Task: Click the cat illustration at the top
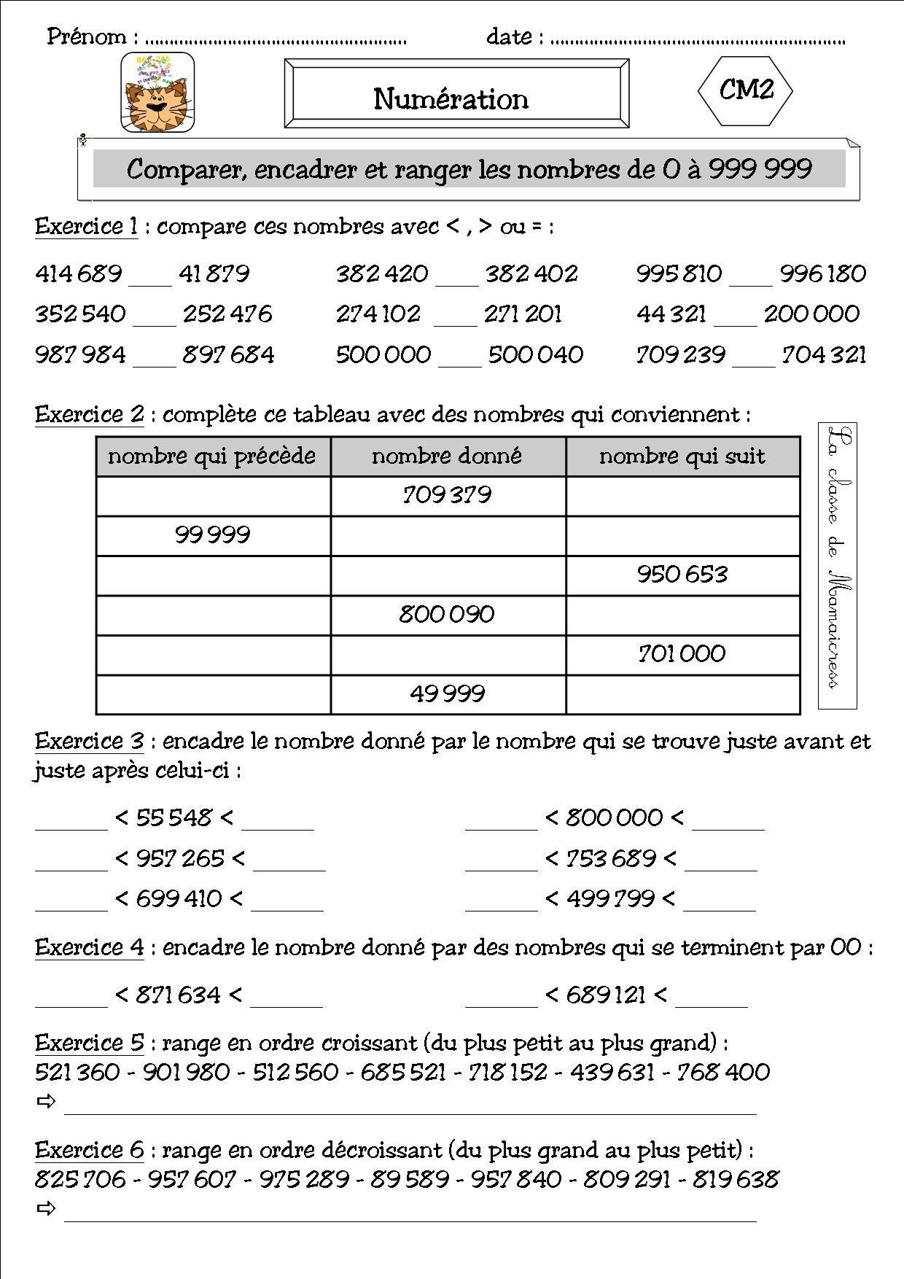pos(157,93)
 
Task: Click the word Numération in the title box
pos(451,98)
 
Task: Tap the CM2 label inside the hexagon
pos(745,90)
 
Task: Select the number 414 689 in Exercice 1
pos(79,274)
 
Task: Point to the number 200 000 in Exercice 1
pos(811,314)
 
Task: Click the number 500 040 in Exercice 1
pos(536,355)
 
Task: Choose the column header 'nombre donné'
pos(447,456)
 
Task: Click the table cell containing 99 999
pos(212,535)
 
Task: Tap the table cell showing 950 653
pos(682,575)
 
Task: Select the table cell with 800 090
pos(447,614)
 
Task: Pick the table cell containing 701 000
pos(682,653)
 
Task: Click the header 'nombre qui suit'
pos(682,456)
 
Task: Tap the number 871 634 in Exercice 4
pos(178,995)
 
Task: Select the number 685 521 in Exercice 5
pos(403,1072)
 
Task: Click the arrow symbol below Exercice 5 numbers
pos(46,1101)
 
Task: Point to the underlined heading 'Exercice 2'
pos(90,415)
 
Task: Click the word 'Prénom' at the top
pos(87,36)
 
